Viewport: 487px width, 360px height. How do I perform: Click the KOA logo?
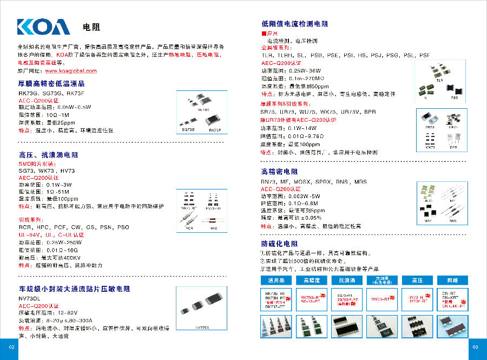pos(43,27)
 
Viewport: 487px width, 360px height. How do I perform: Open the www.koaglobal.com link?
pos(71,71)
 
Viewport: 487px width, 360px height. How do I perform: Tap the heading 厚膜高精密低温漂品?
pos(51,84)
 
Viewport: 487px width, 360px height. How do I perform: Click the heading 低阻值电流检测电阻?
pos(294,24)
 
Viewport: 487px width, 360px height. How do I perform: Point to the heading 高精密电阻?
pos(280,172)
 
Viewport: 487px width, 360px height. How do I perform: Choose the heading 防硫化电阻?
pos(280,244)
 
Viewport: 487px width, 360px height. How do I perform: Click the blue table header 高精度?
pos(312,280)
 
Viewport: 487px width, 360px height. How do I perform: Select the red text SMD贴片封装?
pos(37,163)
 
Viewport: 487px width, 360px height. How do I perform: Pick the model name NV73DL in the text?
pos(30,298)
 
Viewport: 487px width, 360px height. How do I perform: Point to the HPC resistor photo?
pos(212,220)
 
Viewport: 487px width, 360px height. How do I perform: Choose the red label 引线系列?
pos(32,220)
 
